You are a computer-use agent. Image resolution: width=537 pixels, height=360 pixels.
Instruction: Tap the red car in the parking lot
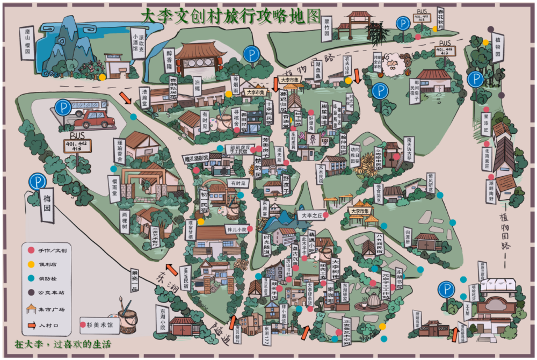pos(95,119)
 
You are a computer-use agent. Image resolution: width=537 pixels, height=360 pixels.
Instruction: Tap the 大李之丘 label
pos(312,215)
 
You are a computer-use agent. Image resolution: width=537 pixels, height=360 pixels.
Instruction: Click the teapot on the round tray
pos(372,299)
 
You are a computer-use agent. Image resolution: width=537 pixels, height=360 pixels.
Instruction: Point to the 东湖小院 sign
pos(163,318)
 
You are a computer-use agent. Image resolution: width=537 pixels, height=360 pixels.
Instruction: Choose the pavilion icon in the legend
pos(31,309)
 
